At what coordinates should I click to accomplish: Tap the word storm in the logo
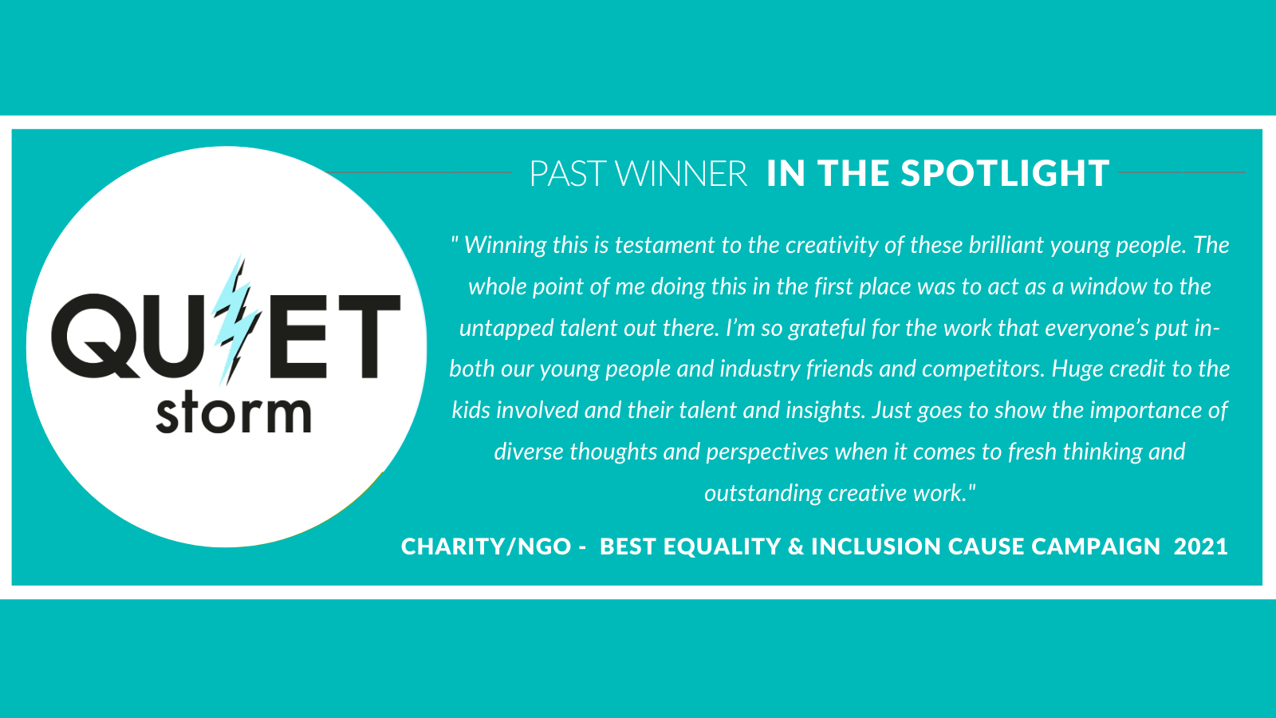point(234,413)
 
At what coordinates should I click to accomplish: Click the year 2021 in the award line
point(1201,546)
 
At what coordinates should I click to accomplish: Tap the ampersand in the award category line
point(796,546)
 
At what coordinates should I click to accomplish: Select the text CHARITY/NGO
point(486,546)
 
